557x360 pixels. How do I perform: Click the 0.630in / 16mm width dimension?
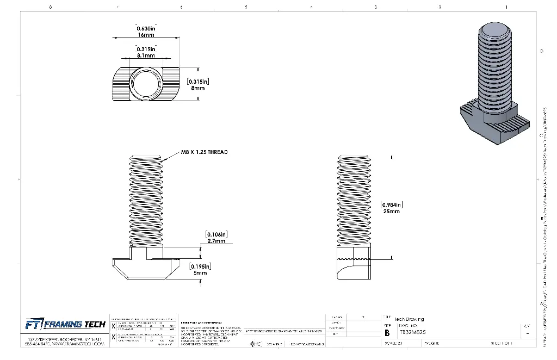146,32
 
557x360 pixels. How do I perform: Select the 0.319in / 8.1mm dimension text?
146,52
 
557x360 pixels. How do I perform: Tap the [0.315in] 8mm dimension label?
198,84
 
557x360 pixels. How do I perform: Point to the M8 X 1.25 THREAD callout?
205,152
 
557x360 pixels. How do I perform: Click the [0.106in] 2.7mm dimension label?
216,237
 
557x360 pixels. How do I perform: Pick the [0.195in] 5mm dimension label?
200,269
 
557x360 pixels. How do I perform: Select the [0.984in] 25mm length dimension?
391,208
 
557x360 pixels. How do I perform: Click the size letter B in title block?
387,332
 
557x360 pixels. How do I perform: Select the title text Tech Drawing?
409,319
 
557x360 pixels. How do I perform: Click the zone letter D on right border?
541,51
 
